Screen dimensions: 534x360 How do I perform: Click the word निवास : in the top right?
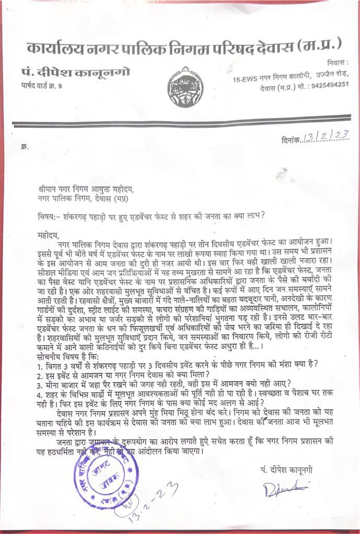338,62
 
